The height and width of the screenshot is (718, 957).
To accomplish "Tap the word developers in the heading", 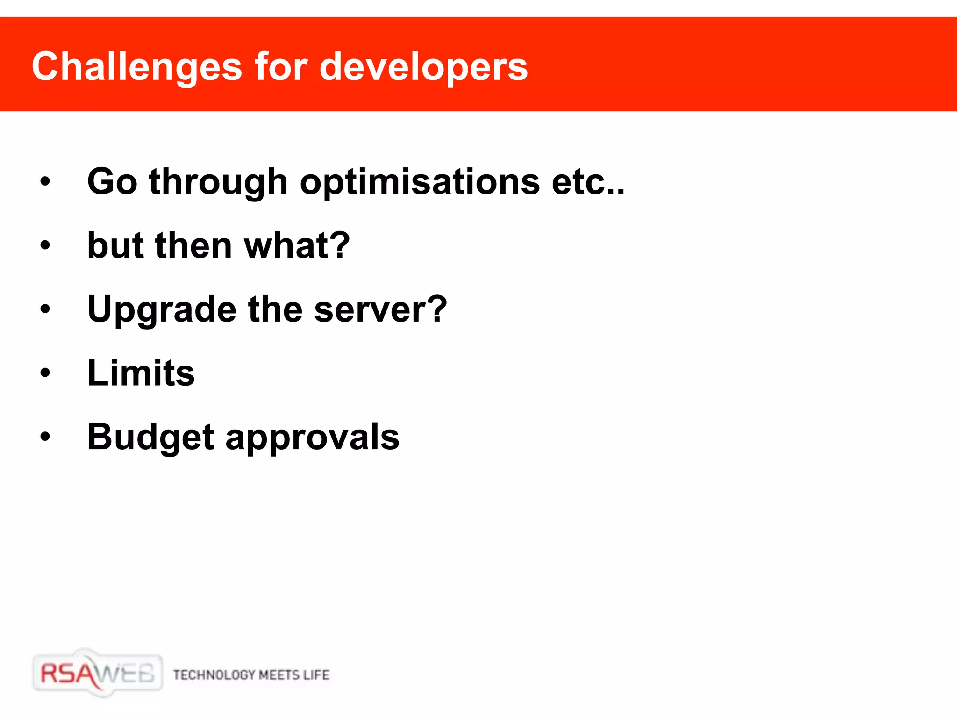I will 423,67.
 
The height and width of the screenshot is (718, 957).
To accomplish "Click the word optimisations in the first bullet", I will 420,182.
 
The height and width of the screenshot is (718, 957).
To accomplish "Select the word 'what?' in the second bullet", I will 296,245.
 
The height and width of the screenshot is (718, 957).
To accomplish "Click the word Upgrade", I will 162,309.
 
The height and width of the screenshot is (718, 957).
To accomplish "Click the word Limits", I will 141,373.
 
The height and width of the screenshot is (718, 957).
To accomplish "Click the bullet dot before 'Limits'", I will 45,373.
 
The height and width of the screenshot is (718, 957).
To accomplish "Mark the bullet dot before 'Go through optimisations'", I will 45,181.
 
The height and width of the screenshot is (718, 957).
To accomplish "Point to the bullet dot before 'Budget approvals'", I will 45,437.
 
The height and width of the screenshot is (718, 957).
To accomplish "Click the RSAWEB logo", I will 97,673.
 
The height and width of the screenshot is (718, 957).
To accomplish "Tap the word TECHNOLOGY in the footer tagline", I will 214,675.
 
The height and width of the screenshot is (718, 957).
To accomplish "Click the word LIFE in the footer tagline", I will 316,675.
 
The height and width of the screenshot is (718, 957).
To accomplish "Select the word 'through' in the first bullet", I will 218,182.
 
